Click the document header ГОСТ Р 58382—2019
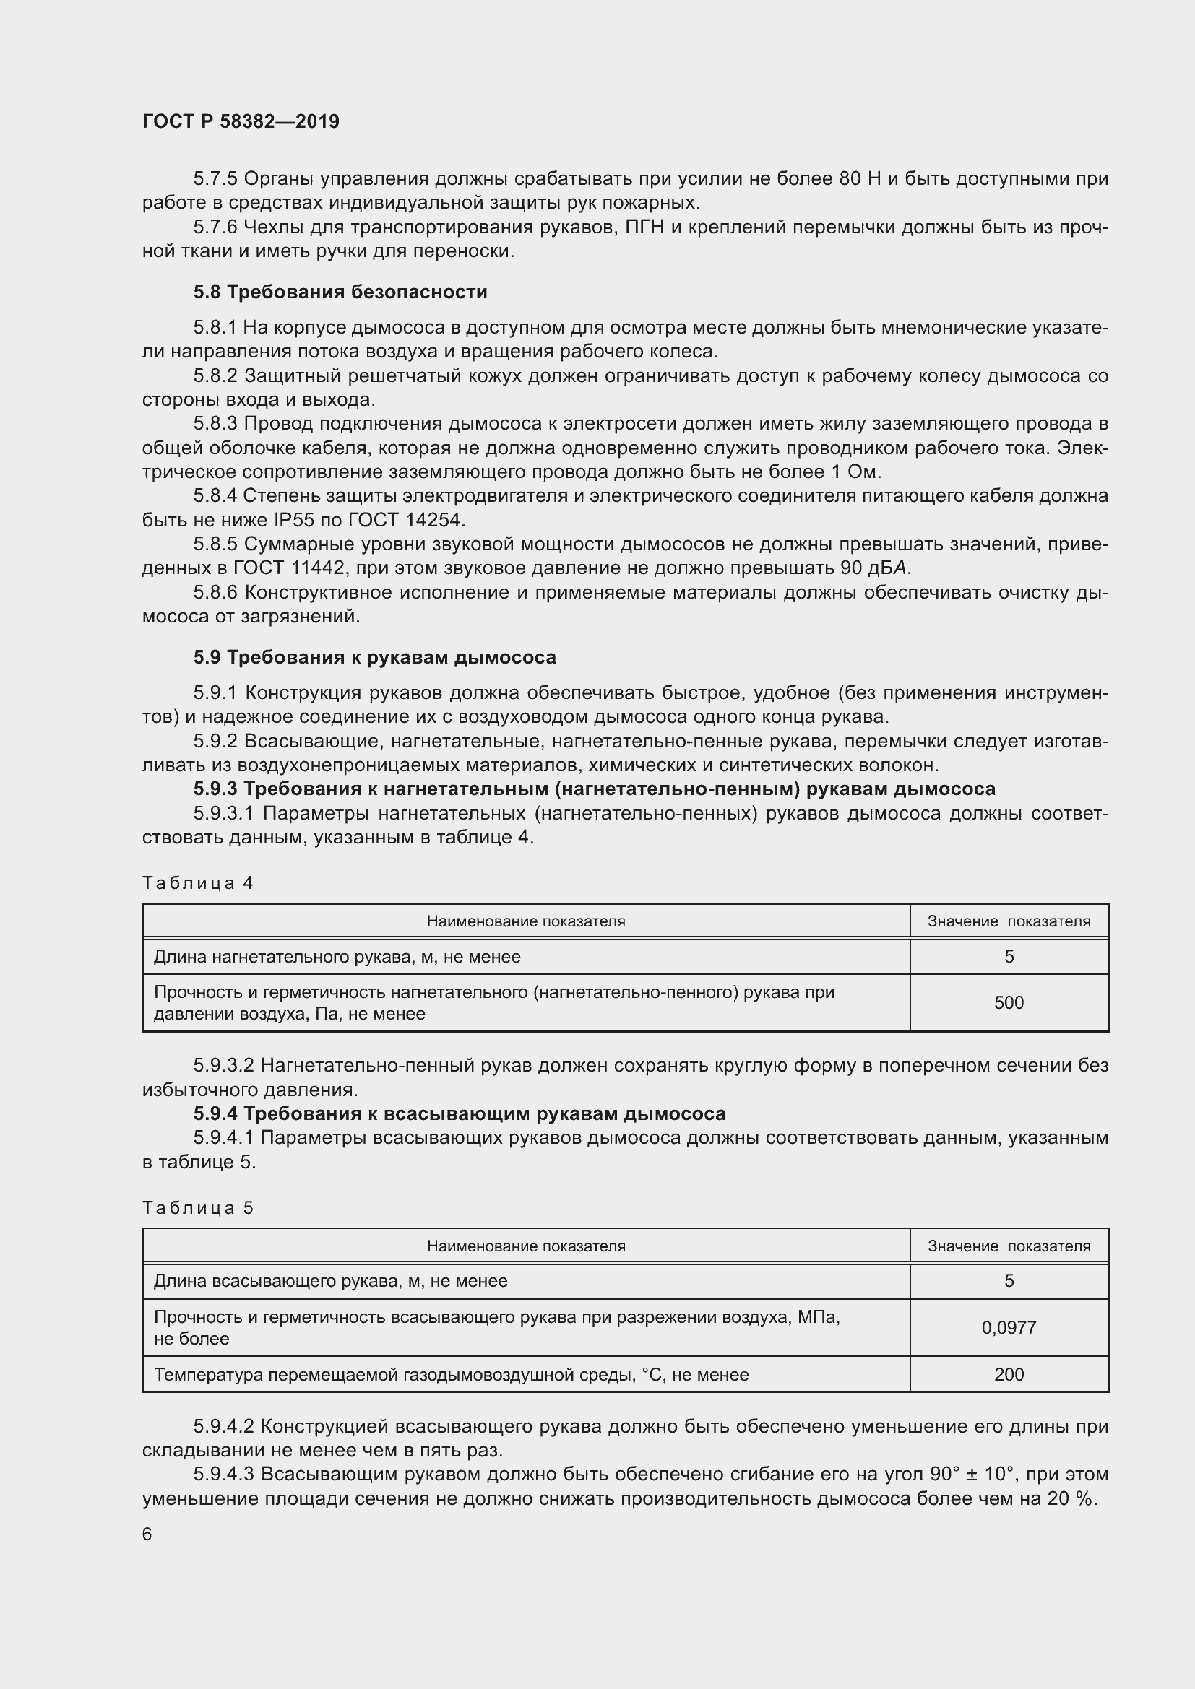(x=241, y=121)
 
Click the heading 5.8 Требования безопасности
(x=340, y=292)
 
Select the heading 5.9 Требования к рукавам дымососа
(x=374, y=657)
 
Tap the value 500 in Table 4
(x=1008, y=1003)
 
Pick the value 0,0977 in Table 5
(x=1008, y=1328)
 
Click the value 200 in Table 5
(x=1008, y=1374)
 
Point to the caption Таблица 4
(x=197, y=882)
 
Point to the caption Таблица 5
(x=197, y=1208)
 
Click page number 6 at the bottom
(x=147, y=1534)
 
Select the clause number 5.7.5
(x=215, y=179)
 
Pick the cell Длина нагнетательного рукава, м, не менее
(x=337, y=957)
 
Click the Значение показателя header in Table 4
(x=1008, y=921)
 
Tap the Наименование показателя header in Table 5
(x=525, y=1246)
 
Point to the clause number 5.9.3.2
(x=224, y=1065)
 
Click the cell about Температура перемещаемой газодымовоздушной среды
(x=451, y=1374)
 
